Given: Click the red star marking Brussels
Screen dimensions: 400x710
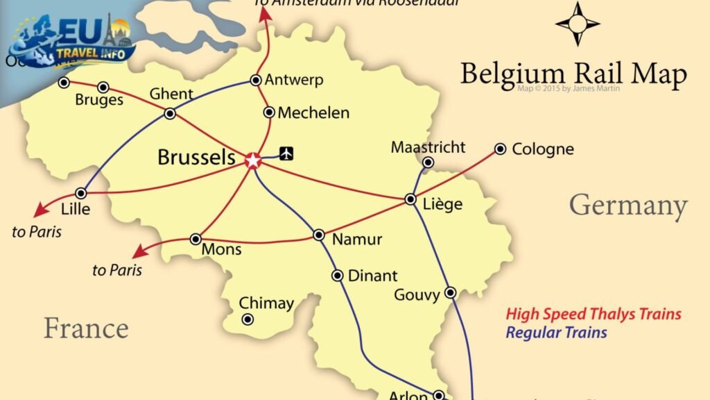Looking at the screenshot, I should [x=253, y=160].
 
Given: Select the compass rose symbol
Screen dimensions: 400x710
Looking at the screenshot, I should [x=577, y=24].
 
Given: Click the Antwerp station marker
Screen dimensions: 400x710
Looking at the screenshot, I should [x=256, y=80].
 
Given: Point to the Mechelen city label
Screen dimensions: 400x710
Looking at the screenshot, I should [x=313, y=112].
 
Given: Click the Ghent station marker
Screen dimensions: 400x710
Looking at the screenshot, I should [x=170, y=114].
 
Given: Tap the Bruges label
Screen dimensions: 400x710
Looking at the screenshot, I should [x=99, y=101].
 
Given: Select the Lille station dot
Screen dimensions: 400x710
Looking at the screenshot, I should [x=82, y=193].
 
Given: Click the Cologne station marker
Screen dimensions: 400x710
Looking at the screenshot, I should [x=500, y=149].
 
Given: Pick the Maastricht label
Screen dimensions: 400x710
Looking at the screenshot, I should [x=428, y=147].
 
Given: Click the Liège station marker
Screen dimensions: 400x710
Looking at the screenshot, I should [x=410, y=199].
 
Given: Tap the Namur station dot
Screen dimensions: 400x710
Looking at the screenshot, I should [x=318, y=235].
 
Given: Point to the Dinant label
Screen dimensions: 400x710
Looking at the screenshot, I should [x=372, y=276].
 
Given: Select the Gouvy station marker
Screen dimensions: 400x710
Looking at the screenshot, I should [x=450, y=292].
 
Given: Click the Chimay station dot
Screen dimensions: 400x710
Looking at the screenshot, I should [x=248, y=319].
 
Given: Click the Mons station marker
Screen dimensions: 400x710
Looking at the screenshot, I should [x=196, y=239].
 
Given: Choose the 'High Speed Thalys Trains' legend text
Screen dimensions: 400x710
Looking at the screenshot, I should [x=594, y=314].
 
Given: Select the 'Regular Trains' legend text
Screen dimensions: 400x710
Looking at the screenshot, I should [x=556, y=333].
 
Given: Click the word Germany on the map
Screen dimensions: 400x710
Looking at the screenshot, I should [x=628, y=206].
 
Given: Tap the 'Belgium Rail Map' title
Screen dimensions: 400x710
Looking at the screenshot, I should [x=573, y=74].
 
